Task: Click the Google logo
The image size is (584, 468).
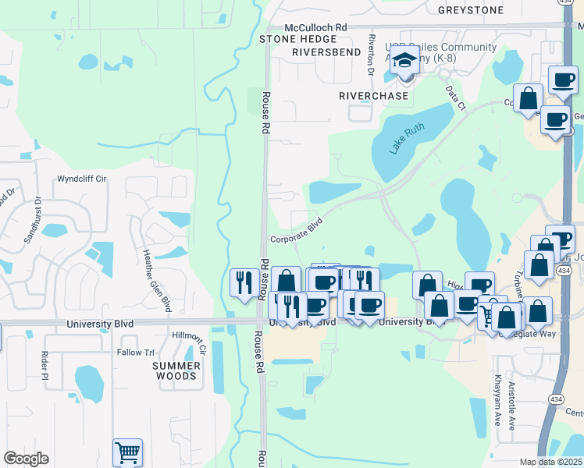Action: (x=26, y=459)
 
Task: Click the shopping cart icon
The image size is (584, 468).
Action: (x=127, y=452)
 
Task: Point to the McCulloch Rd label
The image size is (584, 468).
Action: (x=315, y=27)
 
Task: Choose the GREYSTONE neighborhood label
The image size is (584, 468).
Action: (x=471, y=10)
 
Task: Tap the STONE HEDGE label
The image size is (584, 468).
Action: (x=292, y=38)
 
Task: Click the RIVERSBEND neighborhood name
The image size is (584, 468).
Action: (x=326, y=52)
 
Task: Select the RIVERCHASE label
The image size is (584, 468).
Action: (x=373, y=95)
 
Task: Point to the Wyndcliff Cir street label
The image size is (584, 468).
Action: (x=81, y=179)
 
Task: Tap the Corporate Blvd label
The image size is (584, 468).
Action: (x=297, y=220)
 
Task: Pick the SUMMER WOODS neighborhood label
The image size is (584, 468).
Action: (x=174, y=370)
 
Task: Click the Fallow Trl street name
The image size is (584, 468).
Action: (x=135, y=353)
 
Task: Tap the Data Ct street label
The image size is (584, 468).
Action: (x=455, y=96)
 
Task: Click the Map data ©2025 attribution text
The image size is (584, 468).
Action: (x=551, y=462)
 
